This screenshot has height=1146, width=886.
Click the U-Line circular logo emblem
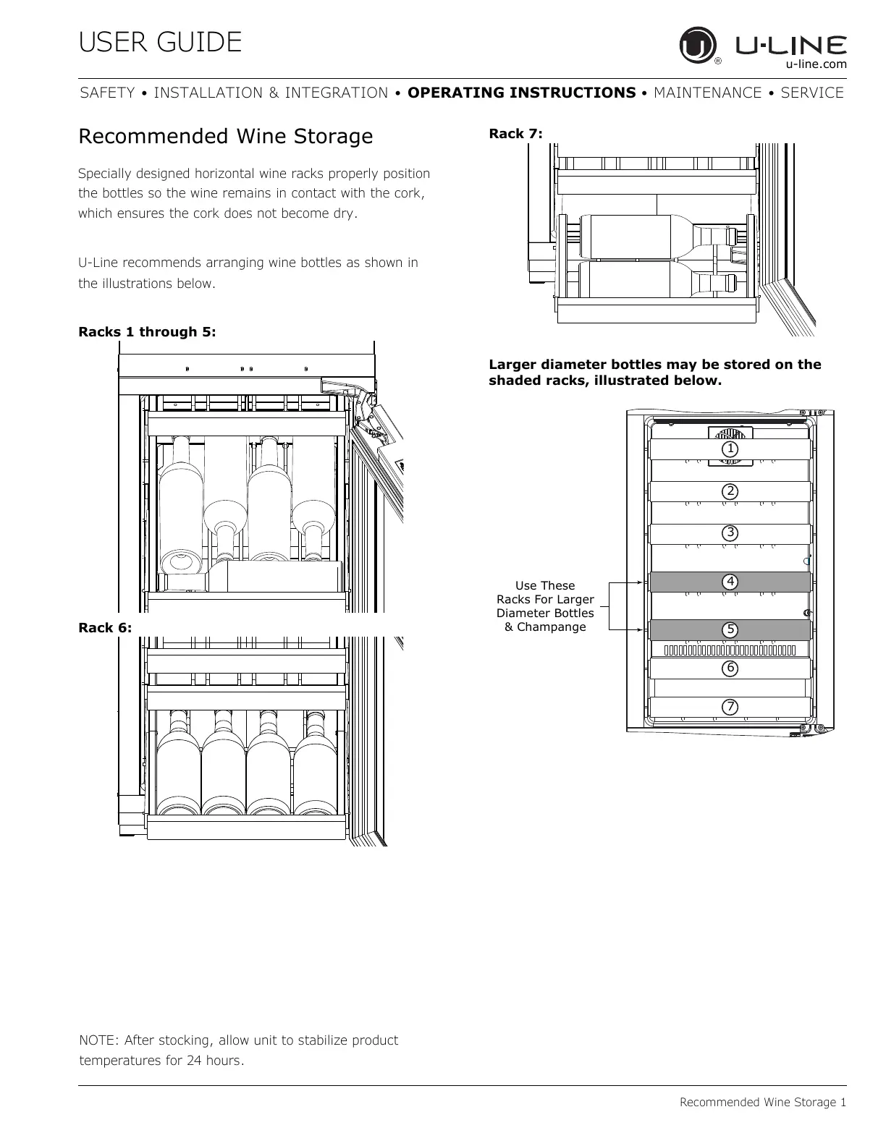coord(697,46)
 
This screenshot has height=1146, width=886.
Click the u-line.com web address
coord(816,64)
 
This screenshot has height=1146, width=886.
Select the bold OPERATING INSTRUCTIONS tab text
coord(521,93)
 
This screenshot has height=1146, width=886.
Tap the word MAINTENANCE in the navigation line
coord(707,93)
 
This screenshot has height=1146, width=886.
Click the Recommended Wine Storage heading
coord(225,136)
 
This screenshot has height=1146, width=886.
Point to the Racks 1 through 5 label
coord(147,332)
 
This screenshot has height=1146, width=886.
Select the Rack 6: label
coord(105,628)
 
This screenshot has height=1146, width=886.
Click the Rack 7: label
coord(515,133)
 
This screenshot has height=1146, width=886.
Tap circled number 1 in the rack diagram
coord(730,449)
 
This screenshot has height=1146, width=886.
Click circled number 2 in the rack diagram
coord(730,491)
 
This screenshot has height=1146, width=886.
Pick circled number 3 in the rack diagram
coord(730,533)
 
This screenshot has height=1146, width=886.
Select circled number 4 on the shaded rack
coord(730,582)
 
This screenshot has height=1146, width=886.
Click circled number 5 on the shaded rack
coord(730,630)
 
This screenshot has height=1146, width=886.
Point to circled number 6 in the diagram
coord(730,668)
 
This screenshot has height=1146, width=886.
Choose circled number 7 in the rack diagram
coord(730,706)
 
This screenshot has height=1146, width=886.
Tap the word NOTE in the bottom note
coord(98,1040)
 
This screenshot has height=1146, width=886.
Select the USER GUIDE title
coord(160,43)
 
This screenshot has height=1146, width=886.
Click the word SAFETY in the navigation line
coord(107,93)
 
